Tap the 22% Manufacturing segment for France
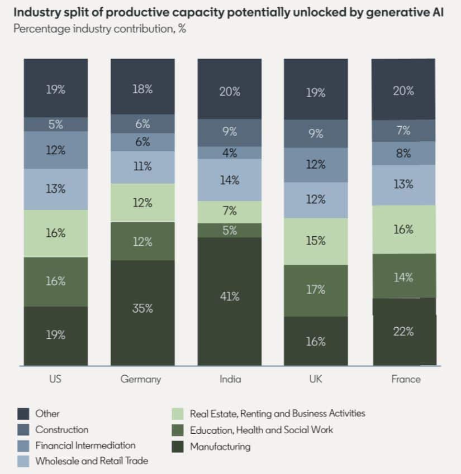click(403, 332)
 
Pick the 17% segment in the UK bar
click(316, 290)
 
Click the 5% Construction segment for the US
click(55, 125)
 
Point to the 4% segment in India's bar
click(229, 152)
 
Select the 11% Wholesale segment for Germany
click(142, 167)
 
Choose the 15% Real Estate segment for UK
click(316, 241)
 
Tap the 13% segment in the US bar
click(55, 189)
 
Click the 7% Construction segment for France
click(403, 131)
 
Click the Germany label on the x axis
click(141, 379)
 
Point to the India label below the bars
click(230, 379)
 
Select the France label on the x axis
click(406, 379)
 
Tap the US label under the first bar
click(55, 379)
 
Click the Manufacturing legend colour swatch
click(178, 446)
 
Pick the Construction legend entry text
click(61, 429)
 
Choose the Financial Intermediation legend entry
click(85, 445)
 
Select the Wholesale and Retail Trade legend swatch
click(23, 461)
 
